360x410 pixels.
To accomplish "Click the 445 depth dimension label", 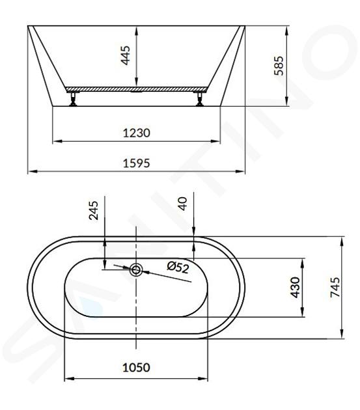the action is (126, 55).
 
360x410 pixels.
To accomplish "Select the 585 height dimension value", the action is (279, 66).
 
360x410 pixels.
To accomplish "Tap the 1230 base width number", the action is (137, 133).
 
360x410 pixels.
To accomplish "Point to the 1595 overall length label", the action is (137, 163).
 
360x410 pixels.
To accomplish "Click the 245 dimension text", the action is (93, 210).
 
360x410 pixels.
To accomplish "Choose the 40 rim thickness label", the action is (183, 204).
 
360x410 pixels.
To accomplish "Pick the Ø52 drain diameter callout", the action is (178, 267).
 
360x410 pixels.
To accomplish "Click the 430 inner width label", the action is (296, 288).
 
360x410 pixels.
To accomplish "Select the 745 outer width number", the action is (335, 288).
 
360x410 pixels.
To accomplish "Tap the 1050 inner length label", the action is (136, 368).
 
